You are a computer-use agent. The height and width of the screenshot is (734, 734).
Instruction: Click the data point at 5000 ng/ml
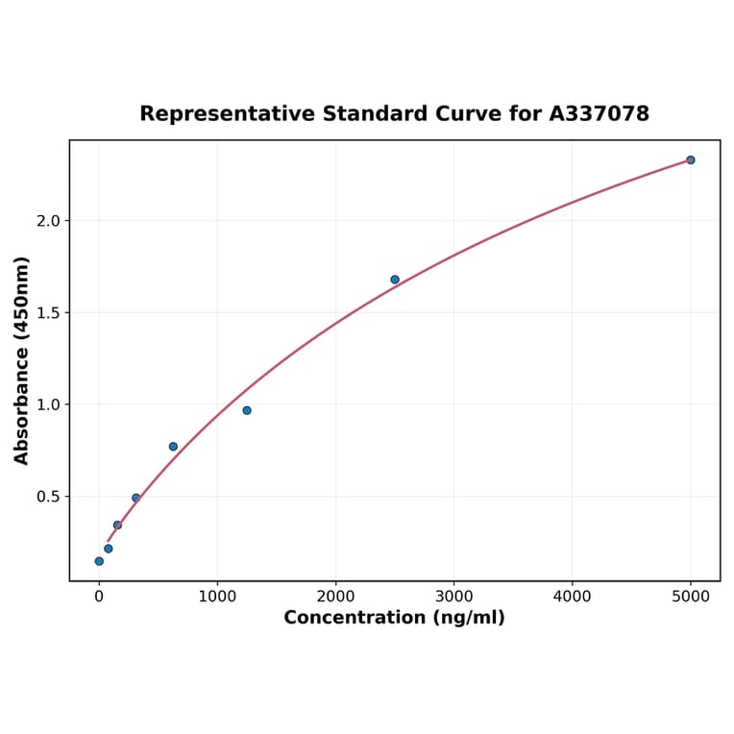(691, 160)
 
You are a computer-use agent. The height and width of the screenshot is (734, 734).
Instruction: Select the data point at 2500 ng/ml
(395, 280)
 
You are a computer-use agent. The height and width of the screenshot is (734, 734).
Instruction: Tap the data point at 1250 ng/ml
(247, 410)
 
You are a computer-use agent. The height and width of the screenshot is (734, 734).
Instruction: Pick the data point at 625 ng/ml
(173, 447)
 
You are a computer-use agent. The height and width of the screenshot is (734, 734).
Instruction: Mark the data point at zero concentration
(99, 561)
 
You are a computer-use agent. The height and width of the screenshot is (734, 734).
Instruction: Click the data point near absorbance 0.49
(136, 498)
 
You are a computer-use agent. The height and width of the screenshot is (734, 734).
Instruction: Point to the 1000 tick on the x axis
(217, 597)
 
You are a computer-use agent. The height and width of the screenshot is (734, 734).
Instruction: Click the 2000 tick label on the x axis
(335, 597)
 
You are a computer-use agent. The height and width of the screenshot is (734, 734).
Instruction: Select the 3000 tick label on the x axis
(453, 597)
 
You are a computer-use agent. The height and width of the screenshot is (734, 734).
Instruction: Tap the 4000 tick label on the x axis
(573, 597)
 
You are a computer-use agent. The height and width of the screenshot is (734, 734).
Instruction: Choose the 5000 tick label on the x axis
(691, 597)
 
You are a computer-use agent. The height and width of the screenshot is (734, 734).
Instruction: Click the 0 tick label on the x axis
(99, 597)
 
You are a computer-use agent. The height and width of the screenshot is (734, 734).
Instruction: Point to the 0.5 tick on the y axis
(47, 497)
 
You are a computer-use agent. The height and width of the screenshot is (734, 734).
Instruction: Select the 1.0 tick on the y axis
(47, 404)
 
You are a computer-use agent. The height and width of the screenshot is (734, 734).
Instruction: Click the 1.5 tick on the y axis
(47, 313)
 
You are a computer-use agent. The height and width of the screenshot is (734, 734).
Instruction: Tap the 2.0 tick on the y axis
(47, 221)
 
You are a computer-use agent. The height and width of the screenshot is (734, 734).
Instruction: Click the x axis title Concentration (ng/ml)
(394, 618)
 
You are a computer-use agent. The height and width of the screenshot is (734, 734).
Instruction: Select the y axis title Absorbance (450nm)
(22, 360)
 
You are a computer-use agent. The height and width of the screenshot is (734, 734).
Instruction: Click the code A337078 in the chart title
(599, 114)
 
